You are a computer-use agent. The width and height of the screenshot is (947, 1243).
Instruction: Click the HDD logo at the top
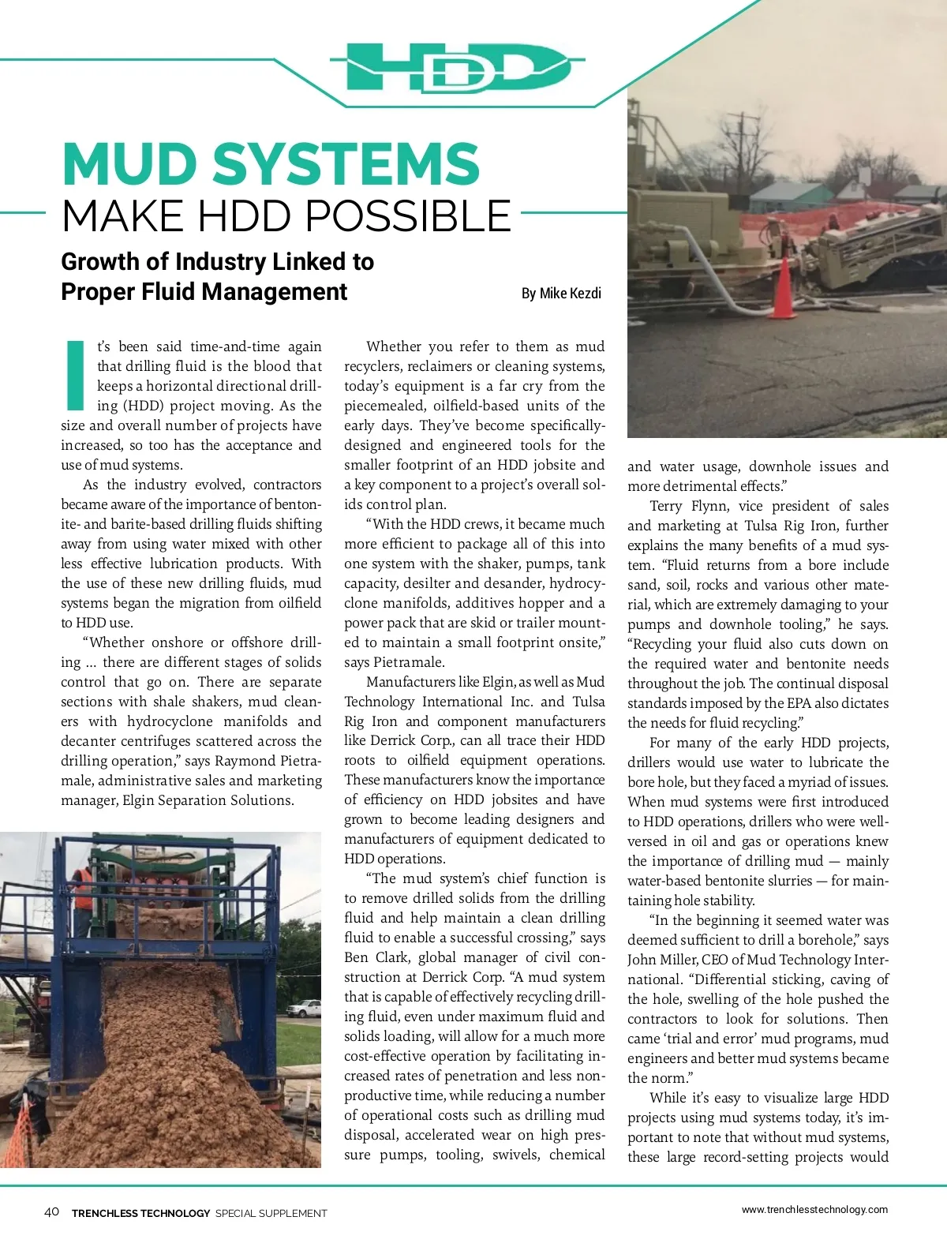[458, 67]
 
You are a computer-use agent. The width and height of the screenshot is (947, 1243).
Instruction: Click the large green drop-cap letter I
[75, 376]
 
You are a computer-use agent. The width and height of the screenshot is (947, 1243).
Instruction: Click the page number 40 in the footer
[51, 1212]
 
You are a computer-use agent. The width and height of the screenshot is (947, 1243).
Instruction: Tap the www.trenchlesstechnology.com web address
[814, 1209]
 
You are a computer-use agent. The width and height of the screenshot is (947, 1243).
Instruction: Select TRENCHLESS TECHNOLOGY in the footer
[140, 1213]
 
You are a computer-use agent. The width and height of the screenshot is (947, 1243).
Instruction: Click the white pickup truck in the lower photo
[304, 1008]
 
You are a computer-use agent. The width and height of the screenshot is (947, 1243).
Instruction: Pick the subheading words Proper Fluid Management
[204, 292]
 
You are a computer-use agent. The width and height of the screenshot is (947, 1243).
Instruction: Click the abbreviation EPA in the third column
[827, 703]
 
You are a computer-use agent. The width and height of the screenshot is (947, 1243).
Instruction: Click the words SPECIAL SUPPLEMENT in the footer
[271, 1213]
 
